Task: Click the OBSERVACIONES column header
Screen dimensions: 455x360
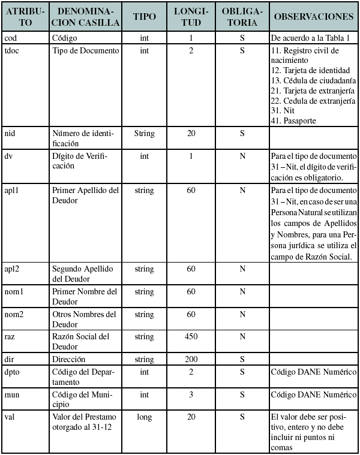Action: point(313,17)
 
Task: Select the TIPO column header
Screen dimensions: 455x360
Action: point(144,17)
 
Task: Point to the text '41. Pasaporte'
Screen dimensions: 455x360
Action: point(293,120)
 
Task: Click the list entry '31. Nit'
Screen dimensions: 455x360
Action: point(283,110)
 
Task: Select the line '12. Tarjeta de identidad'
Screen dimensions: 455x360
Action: point(307,71)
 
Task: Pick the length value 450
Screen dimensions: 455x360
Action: point(191,337)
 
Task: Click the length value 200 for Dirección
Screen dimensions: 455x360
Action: point(191,360)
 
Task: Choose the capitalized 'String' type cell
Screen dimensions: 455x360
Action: point(144,133)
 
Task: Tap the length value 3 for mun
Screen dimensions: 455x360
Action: point(191,395)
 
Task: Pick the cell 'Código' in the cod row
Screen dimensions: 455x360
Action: point(65,38)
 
